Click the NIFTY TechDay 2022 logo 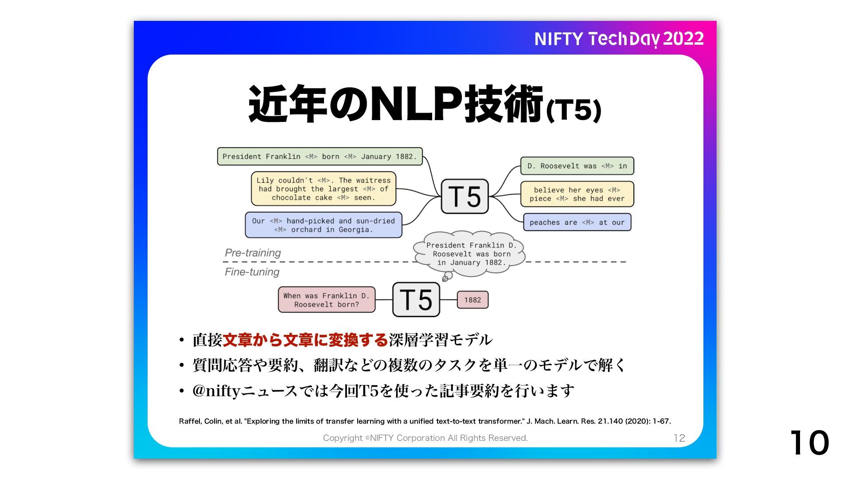coord(619,39)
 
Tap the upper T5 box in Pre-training coord(465,196)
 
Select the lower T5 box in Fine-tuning coord(416,300)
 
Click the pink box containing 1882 coord(472,300)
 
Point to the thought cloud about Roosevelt coord(469,254)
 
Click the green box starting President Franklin coord(320,157)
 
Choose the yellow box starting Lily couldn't coord(323,189)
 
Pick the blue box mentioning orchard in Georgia coord(323,225)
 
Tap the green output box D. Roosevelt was coord(577,166)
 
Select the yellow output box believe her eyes coord(577,194)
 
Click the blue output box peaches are coord(577,222)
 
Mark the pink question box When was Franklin coord(326,300)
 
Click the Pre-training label coord(253,253)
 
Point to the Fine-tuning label coord(252,272)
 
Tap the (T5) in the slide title coord(574,110)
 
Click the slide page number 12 coord(679,438)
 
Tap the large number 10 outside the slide coord(809,443)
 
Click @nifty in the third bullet coord(216,391)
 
